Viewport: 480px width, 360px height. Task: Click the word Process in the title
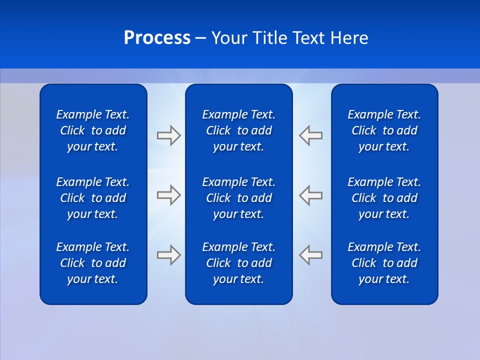(157, 38)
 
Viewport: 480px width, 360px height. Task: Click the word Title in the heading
(270, 38)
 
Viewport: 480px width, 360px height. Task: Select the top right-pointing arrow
(168, 136)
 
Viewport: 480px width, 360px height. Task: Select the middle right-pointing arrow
(168, 195)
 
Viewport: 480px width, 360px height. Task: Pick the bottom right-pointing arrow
(168, 254)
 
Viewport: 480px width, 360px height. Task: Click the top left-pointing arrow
(311, 136)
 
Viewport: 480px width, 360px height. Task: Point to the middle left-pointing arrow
(311, 195)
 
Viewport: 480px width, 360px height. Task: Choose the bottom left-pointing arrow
(311, 254)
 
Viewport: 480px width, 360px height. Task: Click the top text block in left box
(93, 130)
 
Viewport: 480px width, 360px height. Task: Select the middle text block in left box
(93, 198)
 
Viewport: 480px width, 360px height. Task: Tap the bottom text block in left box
(93, 263)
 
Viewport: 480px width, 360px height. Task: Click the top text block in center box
(238, 130)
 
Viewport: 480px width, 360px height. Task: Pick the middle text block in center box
(238, 198)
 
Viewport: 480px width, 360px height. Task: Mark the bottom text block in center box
(238, 263)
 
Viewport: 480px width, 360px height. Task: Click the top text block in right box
(384, 130)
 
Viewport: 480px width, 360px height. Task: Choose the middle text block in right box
(384, 198)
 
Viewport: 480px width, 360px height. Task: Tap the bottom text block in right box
(384, 263)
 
